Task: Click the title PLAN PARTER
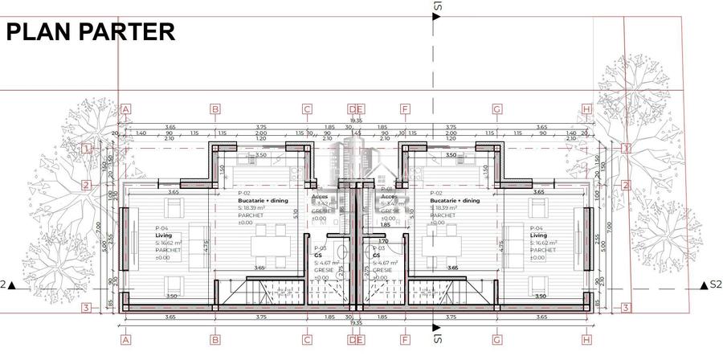click(x=91, y=32)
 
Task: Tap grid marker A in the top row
click(x=125, y=109)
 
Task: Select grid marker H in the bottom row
click(x=587, y=340)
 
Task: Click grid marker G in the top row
click(x=497, y=109)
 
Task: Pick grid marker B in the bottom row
click(x=215, y=340)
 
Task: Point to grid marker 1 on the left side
click(x=87, y=149)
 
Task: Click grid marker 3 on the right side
click(x=626, y=308)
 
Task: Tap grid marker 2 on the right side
click(x=626, y=185)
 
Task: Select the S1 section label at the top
click(x=438, y=6)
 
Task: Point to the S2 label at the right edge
click(x=716, y=284)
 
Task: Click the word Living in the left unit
click(x=164, y=235)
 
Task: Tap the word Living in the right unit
click(x=538, y=235)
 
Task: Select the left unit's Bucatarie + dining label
click(x=262, y=201)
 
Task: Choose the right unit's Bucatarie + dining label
click(x=455, y=201)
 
